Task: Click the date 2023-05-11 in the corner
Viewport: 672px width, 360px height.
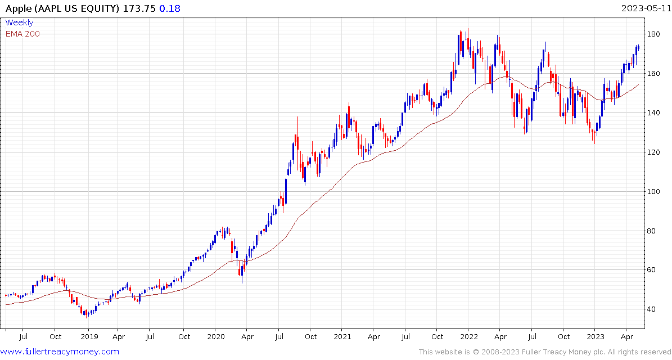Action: pos(645,8)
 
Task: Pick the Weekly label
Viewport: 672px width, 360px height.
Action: pos(19,23)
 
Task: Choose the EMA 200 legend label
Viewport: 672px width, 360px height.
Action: pos(22,34)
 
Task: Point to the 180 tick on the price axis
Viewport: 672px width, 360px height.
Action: pos(654,34)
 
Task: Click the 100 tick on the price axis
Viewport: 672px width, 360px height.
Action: pos(654,192)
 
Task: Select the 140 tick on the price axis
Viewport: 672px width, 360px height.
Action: pos(654,113)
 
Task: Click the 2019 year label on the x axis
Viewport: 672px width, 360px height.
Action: pos(89,337)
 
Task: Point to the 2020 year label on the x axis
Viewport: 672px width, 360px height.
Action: pos(215,337)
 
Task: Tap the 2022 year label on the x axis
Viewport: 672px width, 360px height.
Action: pos(468,337)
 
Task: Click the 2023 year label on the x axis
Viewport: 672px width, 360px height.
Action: pos(595,337)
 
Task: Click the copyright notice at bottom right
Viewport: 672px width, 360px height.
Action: pos(543,352)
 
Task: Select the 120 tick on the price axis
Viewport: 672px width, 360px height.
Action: pos(654,152)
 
